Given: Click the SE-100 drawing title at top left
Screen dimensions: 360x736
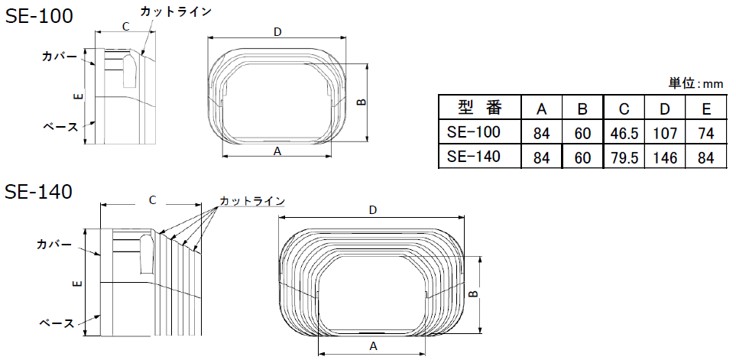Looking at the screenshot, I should (40, 16).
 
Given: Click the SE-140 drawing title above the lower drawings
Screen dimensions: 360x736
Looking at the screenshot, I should (39, 192).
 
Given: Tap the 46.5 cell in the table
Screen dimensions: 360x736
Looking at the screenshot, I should (624, 134).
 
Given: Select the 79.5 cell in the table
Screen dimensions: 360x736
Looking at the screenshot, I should (624, 158).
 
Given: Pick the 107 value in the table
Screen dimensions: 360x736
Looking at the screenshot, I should (665, 134).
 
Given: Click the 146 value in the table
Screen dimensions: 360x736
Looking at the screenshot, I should (665, 158).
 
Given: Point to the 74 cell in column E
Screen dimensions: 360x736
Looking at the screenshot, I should (705, 134).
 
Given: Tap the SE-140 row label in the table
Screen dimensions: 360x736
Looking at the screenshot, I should (474, 157).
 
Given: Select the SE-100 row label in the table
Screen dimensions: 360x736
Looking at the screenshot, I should (474, 133).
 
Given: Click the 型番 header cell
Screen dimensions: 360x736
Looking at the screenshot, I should (479, 107).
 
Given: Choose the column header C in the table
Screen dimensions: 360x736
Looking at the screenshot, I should (624, 108).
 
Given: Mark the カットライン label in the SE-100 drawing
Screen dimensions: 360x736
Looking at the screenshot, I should (175, 11).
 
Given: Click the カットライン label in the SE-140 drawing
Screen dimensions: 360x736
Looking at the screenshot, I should (252, 201).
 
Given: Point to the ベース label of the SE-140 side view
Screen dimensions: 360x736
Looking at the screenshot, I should (57, 323).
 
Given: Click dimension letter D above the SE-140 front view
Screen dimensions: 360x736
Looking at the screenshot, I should (372, 209).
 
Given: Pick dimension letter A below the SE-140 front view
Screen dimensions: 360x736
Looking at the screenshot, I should (373, 345).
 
